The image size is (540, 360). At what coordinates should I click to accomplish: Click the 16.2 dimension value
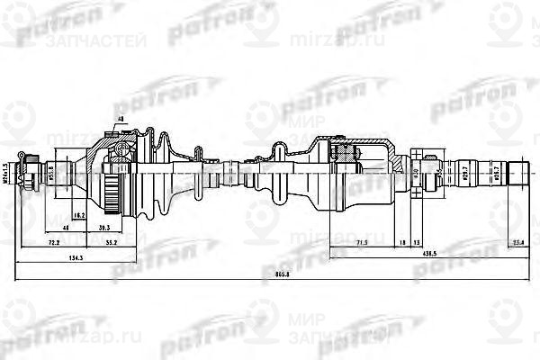click(78, 216)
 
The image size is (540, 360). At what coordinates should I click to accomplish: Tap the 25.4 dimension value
click(520, 243)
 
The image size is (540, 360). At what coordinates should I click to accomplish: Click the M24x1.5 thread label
click(7, 173)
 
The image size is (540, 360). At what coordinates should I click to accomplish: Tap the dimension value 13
click(418, 243)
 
